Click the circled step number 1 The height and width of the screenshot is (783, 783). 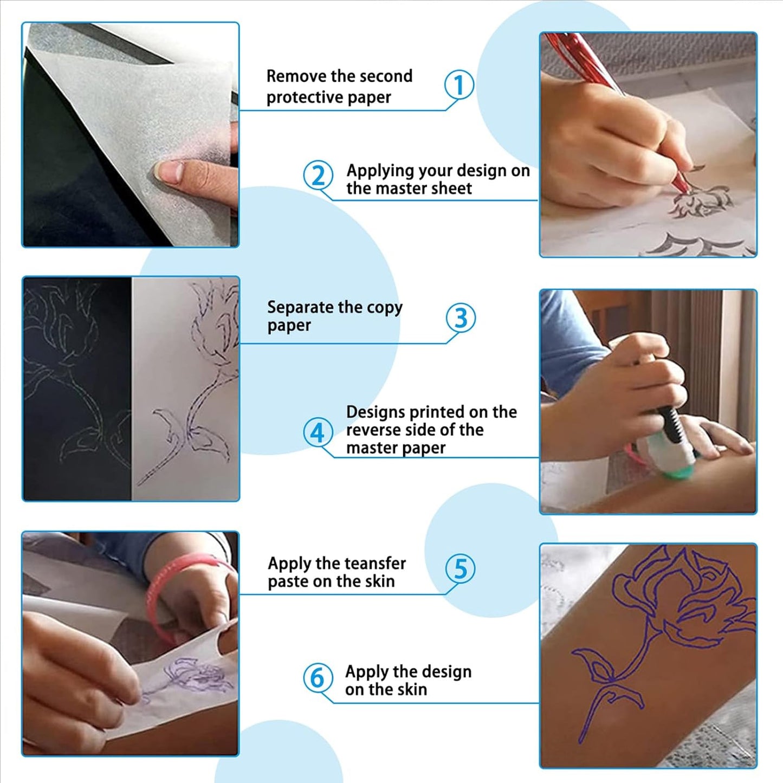[459, 85]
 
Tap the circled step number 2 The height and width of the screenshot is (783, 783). [318, 175]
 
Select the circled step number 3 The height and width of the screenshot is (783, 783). [461, 318]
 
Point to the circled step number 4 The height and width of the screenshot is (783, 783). [318, 432]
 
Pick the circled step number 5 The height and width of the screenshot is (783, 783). [461, 568]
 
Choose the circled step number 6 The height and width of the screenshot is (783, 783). [318, 678]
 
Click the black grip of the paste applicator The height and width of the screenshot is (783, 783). [672, 423]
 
